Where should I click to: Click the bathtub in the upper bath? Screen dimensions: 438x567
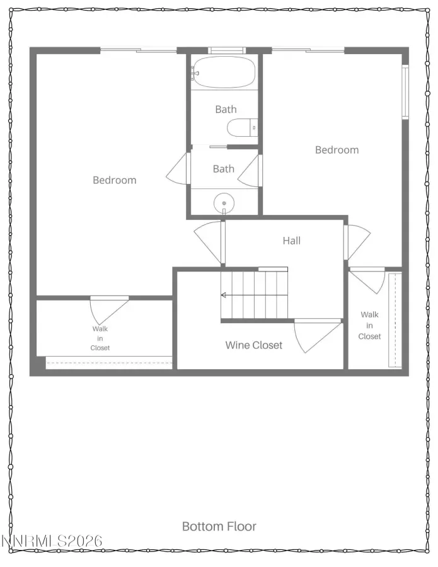coord(224,72)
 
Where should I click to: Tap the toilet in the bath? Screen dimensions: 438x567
coord(242,128)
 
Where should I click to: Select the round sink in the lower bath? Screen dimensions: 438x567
coord(224,203)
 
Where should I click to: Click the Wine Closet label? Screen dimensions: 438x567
coord(253,345)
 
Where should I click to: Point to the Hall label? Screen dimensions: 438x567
coord(292,241)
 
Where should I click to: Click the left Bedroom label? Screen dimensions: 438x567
coord(115,180)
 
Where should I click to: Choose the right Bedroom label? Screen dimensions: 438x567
coord(337,150)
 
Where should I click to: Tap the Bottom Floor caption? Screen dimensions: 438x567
coord(219,526)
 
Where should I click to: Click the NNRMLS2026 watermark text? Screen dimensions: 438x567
coord(52,541)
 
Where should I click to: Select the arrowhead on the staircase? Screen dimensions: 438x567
coord(224,295)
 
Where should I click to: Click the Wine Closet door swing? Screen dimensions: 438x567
coord(318,335)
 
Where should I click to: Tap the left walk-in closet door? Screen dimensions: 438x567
coord(109,311)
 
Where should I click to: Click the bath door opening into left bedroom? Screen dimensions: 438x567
coord(178,168)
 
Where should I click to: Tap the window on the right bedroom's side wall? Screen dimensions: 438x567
coord(405,92)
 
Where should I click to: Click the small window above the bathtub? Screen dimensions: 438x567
coord(226,50)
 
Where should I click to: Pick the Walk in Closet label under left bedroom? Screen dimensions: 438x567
coord(100,338)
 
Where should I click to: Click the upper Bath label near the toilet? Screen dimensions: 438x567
coord(226,109)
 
